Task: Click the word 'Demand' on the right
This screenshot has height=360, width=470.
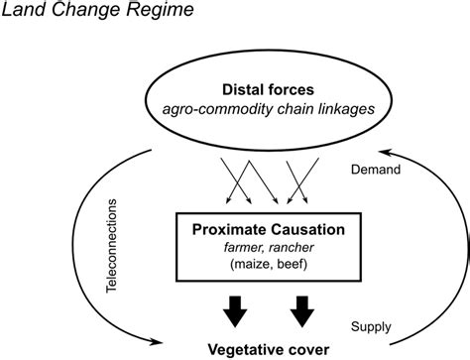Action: point(378,170)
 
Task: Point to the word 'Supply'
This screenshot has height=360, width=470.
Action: point(373,325)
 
